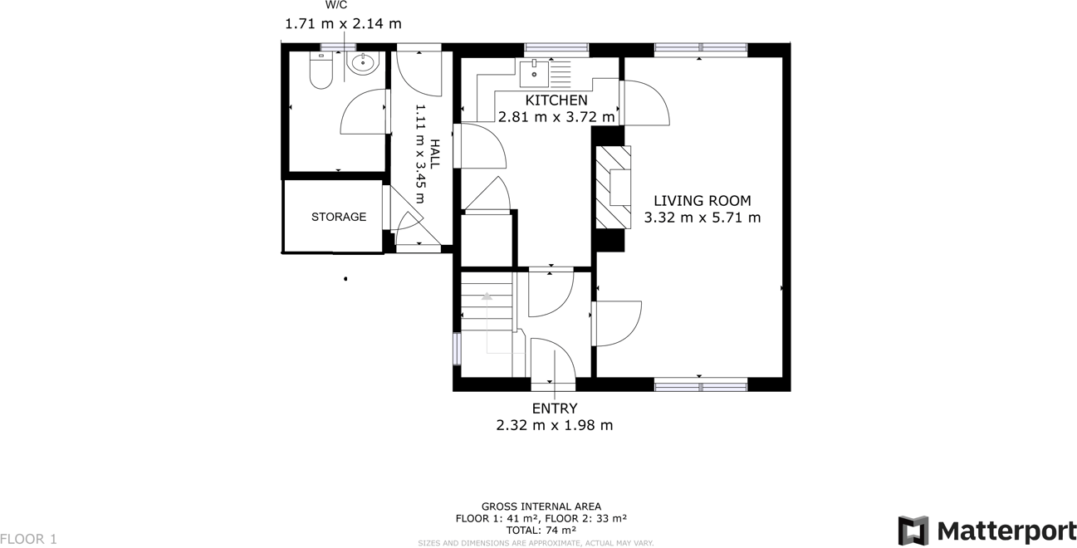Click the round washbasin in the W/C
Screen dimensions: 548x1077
point(363,63)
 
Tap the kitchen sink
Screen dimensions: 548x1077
point(534,73)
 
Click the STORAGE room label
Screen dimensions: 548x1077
point(339,217)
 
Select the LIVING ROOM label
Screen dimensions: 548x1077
point(702,201)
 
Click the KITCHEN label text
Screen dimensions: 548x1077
point(556,100)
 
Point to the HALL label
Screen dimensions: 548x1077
point(434,154)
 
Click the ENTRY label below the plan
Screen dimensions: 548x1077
point(554,409)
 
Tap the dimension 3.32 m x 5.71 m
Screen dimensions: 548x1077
point(702,218)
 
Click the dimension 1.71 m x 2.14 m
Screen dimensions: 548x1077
point(343,24)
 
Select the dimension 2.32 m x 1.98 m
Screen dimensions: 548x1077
point(554,425)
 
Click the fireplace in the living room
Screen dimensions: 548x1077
point(613,188)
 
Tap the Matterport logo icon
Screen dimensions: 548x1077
point(913,531)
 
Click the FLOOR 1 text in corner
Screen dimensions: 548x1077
point(29,539)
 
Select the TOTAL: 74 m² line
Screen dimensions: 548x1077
point(541,530)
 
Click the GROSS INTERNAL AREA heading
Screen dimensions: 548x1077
point(541,506)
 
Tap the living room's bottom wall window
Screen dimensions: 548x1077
point(700,384)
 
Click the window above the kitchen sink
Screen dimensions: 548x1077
point(556,48)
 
